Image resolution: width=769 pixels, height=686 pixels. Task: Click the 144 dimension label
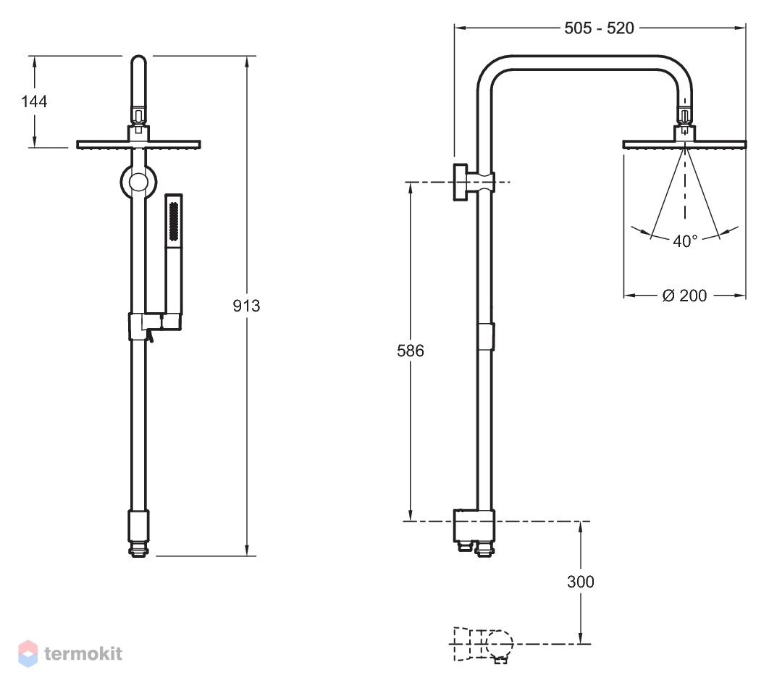(x=34, y=101)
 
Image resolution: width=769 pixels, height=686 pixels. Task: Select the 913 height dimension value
(x=246, y=306)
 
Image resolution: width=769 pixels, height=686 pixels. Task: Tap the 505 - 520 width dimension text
(x=599, y=28)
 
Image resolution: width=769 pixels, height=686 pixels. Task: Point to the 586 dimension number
(x=411, y=351)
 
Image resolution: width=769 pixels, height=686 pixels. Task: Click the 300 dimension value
(x=581, y=582)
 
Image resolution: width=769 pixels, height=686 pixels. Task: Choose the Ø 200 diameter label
(x=684, y=296)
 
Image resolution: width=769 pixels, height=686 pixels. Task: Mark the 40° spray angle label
(x=685, y=241)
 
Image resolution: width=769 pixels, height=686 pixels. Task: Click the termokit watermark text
(x=83, y=653)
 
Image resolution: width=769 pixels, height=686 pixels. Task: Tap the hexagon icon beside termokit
(x=28, y=653)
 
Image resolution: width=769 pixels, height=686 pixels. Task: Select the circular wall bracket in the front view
(x=139, y=182)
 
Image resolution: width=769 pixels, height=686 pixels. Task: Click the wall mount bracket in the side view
(x=474, y=182)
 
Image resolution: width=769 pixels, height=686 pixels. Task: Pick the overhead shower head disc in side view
(x=685, y=144)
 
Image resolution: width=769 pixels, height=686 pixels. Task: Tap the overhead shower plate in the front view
(x=139, y=144)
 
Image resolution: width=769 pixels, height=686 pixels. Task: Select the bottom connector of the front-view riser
(x=139, y=533)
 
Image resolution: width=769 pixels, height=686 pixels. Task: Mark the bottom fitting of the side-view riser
(x=474, y=533)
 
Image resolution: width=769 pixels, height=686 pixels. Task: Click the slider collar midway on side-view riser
(x=486, y=337)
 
